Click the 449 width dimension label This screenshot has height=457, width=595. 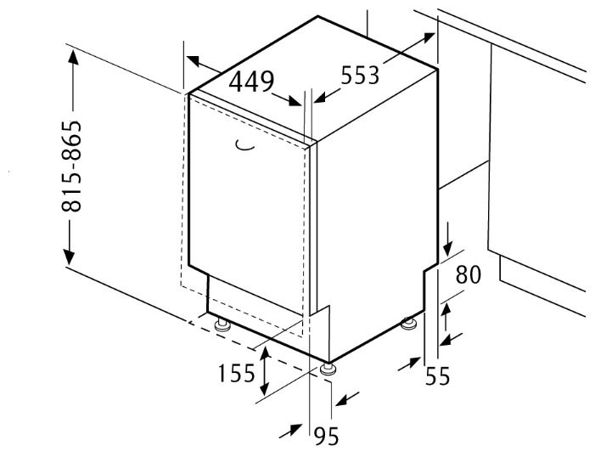tap(251, 82)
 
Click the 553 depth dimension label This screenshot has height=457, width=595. tap(360, 75)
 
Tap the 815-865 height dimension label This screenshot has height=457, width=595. tap(71, 166)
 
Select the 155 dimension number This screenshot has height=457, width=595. tap(236, 373)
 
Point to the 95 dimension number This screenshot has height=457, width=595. tap(326, 436)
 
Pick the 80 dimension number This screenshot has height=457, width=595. tap(469, 274)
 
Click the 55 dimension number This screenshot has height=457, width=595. tap(437, 376)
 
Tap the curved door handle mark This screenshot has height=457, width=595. tap(244, 146)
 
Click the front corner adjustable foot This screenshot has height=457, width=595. tap(328, 370)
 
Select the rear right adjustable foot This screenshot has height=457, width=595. tap(408, 324)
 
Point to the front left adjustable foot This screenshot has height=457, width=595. tap(222, 325)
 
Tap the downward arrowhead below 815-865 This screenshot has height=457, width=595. tap(69, 257)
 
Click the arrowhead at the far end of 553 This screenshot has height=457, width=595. tap(427, 37)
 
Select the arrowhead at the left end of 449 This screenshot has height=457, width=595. tap(193, 61)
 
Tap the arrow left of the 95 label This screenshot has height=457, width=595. tap(291, 431)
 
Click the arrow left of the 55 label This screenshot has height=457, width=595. tap(410, 364)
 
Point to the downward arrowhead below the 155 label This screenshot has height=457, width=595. tap(264, 388)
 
